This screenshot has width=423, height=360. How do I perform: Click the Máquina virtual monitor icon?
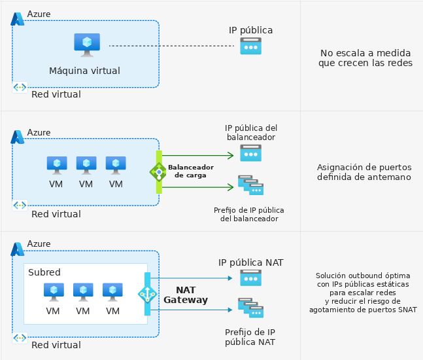click(x=87, y=45)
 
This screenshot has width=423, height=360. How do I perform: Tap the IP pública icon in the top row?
click(x=250, y=46)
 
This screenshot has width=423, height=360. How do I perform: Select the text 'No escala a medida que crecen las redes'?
click(x=365, y=58)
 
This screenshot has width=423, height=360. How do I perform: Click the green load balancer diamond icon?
click(x=159, y=171)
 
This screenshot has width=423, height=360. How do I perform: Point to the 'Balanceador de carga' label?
click(x=191, y=171)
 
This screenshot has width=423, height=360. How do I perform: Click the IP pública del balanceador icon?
click(x=250, y=153)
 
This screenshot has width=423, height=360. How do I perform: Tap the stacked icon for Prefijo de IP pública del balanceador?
click(x=250, y=185)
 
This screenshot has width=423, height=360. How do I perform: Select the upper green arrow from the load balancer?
click(x=197, y=155)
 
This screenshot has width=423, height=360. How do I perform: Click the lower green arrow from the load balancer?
click(x=197, y=187)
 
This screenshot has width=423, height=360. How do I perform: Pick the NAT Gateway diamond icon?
click(x=147, y=294)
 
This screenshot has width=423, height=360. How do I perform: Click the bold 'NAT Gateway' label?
click(x=186, y=295)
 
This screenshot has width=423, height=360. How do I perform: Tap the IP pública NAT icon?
click(x=250, y=278)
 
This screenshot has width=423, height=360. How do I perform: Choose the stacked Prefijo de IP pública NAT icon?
click(x=250, y=308)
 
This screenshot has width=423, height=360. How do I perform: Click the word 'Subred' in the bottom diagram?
click(x=44, y=272)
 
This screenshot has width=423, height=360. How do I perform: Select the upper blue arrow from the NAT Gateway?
click(x=192, y=278)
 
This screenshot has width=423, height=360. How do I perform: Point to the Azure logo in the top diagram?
click(x=17, y=19)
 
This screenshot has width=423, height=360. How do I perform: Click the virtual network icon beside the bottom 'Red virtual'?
click(x=20, y=338)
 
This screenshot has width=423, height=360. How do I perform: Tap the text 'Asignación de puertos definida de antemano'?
click(x=364, y=172)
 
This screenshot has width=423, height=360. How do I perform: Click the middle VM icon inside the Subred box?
click(x=83, y=292)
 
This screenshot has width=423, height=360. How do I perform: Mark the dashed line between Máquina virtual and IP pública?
click(x=171, y=46)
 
